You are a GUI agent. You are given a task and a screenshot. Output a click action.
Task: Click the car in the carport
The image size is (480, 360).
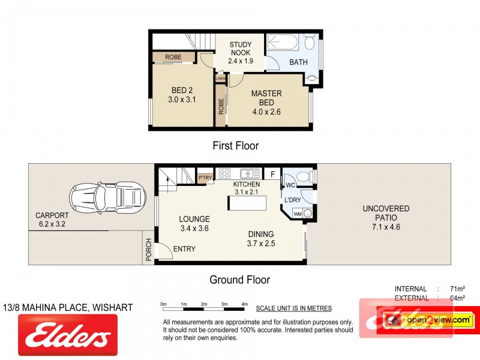pyautogui.click(x=107, y=196)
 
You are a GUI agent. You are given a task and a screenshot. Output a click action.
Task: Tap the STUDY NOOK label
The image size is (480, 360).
pyautogui.click(x=240, y=52)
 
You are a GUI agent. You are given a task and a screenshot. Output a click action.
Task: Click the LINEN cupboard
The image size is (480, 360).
pyautogui.click(x=220, y=79)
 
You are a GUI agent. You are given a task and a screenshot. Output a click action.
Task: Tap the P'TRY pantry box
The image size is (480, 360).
pyautogui.click(x=205, y=178)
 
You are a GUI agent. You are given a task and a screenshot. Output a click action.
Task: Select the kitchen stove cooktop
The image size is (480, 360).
pyautogui.click(x=225, y=174)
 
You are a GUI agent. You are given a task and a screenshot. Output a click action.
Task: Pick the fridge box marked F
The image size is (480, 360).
pyautogui.click(x=272, y=174)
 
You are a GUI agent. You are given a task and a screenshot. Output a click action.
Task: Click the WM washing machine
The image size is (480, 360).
pyautogui.click(x=298, y=214)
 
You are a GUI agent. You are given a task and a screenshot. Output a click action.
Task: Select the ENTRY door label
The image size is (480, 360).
pyautogui.click(x=184, y=249)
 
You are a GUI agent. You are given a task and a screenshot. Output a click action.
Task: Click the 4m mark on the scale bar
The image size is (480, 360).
pyautogui.click(x=244, y=305)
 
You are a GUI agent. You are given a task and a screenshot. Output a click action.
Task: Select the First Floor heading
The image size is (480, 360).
pyautogui.click(x=236, y=145)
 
